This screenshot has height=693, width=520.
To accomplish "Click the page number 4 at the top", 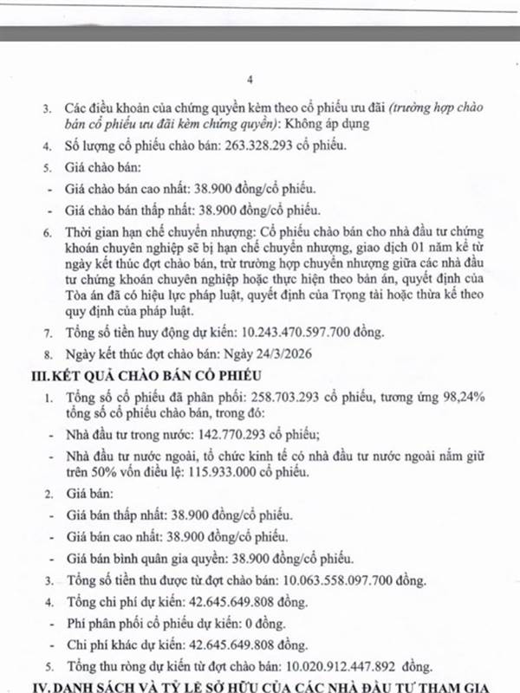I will click(x=250, y=80).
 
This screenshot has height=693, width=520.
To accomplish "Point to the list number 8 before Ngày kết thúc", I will click(x=47, y=353).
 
